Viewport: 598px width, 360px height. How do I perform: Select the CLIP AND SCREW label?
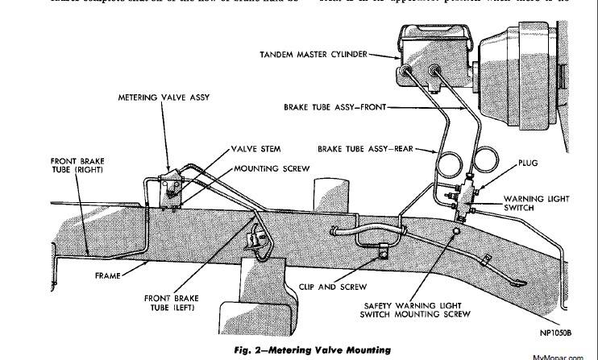pyautogui.click(x=354, y=286)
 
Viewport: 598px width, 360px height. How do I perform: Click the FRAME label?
pyautogui.click(x=106, y=275)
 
